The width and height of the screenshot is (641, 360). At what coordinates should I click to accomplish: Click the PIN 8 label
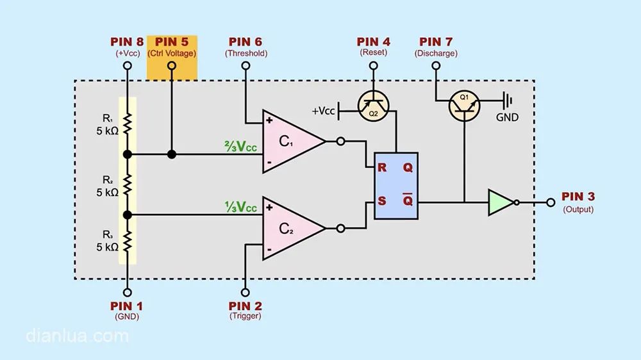pos(127,42)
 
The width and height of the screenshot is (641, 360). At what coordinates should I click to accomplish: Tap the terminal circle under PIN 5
pos(172,65)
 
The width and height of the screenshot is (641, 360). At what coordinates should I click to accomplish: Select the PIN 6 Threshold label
pos(246,47)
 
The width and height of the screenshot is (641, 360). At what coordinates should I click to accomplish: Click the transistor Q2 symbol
pos(373,106)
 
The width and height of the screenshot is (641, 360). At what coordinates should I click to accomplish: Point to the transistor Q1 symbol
pos(464,106)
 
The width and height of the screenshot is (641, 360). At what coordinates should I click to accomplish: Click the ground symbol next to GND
pos(508,101)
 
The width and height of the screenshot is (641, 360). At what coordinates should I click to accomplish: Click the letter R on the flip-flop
pos(382,168)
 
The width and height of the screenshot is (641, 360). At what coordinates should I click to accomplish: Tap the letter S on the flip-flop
pos(382,200)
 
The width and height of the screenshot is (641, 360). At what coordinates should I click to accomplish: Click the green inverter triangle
pos(501,202)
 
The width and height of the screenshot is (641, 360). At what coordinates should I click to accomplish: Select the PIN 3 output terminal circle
pos(551,202)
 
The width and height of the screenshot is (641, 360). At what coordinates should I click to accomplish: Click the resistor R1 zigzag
pos(128,124)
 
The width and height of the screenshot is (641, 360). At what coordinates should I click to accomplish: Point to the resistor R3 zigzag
pos(128,241)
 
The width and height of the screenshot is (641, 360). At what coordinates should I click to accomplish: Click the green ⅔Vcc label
pos(240,146)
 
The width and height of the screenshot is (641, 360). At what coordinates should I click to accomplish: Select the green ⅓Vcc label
pos(240,207)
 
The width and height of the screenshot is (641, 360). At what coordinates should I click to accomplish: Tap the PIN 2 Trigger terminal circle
pos(246,293)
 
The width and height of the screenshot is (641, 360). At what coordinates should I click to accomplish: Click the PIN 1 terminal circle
pos(128,293)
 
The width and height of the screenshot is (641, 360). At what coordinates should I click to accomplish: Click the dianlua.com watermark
pos(78,336)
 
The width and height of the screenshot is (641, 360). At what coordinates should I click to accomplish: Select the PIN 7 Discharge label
pos(436,47)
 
